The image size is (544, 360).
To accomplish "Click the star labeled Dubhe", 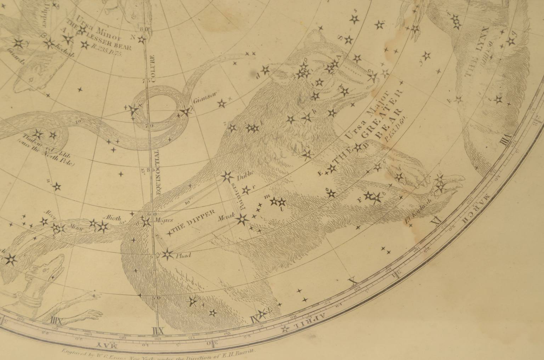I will click(x=226, y=176).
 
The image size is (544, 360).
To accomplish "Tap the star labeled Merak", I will click(x=243, y=219).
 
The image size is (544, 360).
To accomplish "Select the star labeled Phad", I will click(x=167, y=254).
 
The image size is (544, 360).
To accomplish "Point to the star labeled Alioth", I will click(x=103, y=227).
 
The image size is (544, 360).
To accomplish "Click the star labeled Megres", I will click(x=146, y=222).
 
